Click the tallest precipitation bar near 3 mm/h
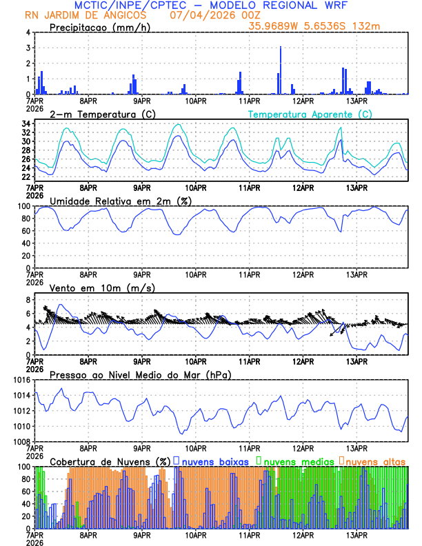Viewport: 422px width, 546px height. pyautogui.click(x=281, y=70)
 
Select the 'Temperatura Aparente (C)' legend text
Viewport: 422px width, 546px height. pyautogui.click(x=310, y=114)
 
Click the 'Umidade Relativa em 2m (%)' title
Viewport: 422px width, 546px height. pyautogui.click(x=121, y=201)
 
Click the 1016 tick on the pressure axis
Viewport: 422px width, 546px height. pyautogui.click(x=21, y=380)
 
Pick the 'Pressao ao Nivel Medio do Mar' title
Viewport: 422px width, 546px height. pyautogui.click(x=140, y=374)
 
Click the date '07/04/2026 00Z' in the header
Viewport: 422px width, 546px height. pyautogui.click(x=200, y=14)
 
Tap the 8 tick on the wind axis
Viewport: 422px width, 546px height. pyautogui.click(x=28, y=300)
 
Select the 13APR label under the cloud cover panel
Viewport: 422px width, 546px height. pyautogui.click(x=356, y=534)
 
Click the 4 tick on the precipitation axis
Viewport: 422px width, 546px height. pyautogui.click(x=28, y=32)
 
